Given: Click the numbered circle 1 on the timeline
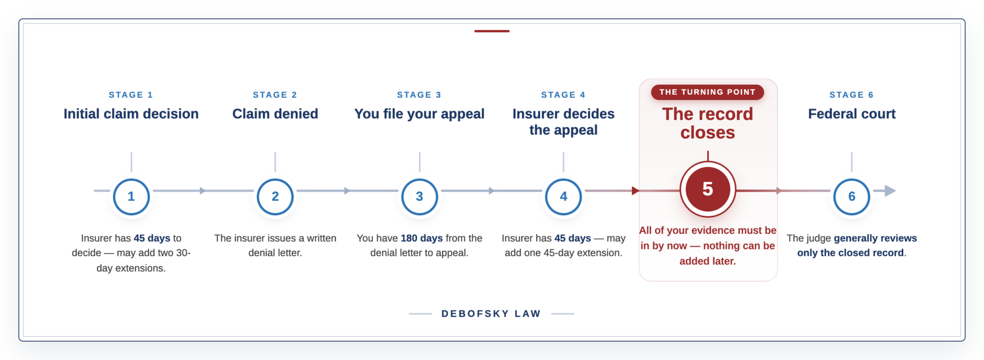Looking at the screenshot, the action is (131, 197).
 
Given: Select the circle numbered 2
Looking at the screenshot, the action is (275, 197).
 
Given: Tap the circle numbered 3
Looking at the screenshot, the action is (419, 197).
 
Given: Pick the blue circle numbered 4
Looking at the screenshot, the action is (564, 197).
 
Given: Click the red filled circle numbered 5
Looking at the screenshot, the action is (708, 189).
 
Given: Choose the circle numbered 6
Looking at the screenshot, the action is (852, 197).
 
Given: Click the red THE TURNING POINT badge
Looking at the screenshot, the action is (707, 92).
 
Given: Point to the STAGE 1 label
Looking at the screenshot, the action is (131, 95).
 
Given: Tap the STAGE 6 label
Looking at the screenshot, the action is (851, 95).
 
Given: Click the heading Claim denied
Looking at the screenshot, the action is (275, 114).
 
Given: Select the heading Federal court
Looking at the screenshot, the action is (852, 114).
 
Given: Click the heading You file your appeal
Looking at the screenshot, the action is (419, 114).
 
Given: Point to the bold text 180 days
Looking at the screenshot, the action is (422, 238).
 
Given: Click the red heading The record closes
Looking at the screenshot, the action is (708, 123).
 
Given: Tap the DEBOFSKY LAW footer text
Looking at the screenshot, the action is (491, 314).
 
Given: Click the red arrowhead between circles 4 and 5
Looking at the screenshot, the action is (636, 191).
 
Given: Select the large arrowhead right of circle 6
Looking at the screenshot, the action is (890, 191).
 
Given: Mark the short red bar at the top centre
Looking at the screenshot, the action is (492, 31).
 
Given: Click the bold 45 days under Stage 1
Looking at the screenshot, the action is (152, 238).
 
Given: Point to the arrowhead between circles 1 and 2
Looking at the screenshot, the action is (203, 191).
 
